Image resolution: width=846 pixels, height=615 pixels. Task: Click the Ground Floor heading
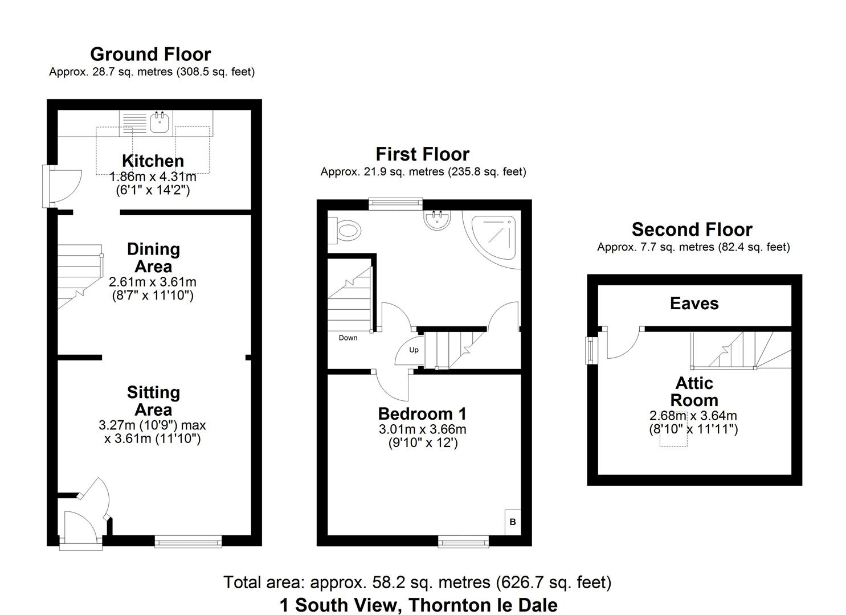point(150,54)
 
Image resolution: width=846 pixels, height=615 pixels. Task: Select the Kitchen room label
point(153,161)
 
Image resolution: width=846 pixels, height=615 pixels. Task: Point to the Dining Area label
point(153,257)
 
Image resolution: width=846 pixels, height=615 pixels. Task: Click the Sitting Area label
point(153,401)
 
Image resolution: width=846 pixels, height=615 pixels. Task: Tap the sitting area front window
point(188,541)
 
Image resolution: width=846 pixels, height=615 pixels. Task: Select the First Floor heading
point(422,154)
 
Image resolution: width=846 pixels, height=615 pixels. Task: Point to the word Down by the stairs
point(348,338)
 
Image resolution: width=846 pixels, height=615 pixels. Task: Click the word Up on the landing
point(414,350)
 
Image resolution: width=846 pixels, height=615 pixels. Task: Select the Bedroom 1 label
point(422,413)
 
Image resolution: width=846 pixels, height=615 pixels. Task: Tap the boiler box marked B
point(512,522)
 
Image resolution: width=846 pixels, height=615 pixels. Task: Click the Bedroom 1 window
point(463,541)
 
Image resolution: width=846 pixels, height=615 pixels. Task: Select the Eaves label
point(694,304)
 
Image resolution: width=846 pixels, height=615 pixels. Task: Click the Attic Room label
point(694,391)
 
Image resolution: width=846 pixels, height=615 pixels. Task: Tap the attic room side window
point(592,350)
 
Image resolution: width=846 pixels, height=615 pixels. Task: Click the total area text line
point(417,582)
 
